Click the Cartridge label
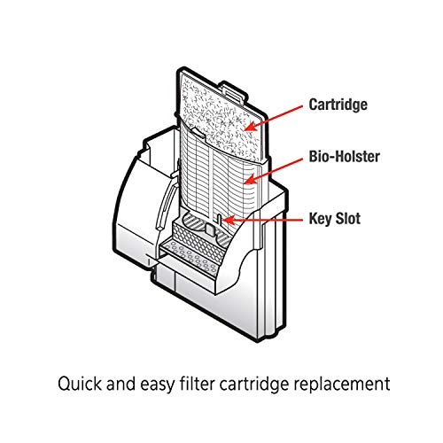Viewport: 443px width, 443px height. click(338, 105)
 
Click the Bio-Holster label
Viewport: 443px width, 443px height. click(344, 157)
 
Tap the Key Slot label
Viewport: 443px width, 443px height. click(334, 219)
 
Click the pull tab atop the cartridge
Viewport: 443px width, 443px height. click(234, 90)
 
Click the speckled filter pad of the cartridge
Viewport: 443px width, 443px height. click(219, 118)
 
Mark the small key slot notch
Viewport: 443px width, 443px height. click(219, 219)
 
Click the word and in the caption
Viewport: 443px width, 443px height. click(120, 384)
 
